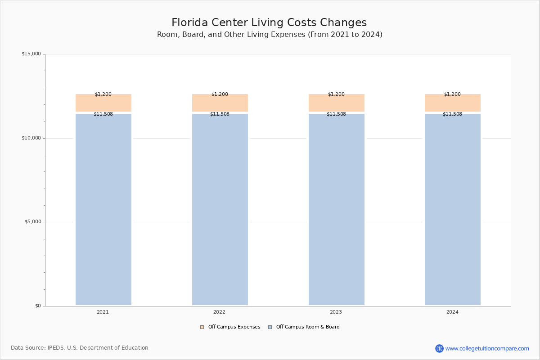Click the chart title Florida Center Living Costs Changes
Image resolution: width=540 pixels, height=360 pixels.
coord(269,22)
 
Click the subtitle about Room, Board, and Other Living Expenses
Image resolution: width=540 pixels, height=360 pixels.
coord(270,35)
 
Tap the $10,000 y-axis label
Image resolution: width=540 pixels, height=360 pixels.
coord(31,138)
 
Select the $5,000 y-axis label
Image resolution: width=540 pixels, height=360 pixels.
coord(33,221)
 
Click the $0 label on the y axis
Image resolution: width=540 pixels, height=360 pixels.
coord(38,306)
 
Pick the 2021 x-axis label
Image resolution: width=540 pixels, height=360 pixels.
coord(103,312)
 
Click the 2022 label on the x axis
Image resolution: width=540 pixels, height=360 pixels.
coord(220,312)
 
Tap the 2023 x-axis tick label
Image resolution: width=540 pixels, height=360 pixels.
coord(336,312)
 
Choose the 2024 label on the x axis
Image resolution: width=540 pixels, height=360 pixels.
coord(452,312)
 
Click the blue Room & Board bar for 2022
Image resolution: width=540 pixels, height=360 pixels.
coord(220,209)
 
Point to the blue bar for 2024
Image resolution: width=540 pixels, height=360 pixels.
coord(453,209)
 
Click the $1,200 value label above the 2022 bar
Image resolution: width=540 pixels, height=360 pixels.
coord(220,94)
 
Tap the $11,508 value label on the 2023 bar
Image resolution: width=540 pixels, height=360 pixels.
coord(336,114)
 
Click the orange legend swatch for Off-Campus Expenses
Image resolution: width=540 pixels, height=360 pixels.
coord(202,327)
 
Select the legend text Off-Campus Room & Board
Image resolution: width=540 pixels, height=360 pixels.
coord(308,327)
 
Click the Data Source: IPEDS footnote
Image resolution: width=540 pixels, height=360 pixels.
coord(80,348)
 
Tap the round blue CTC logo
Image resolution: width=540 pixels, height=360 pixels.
coord(439,348)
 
